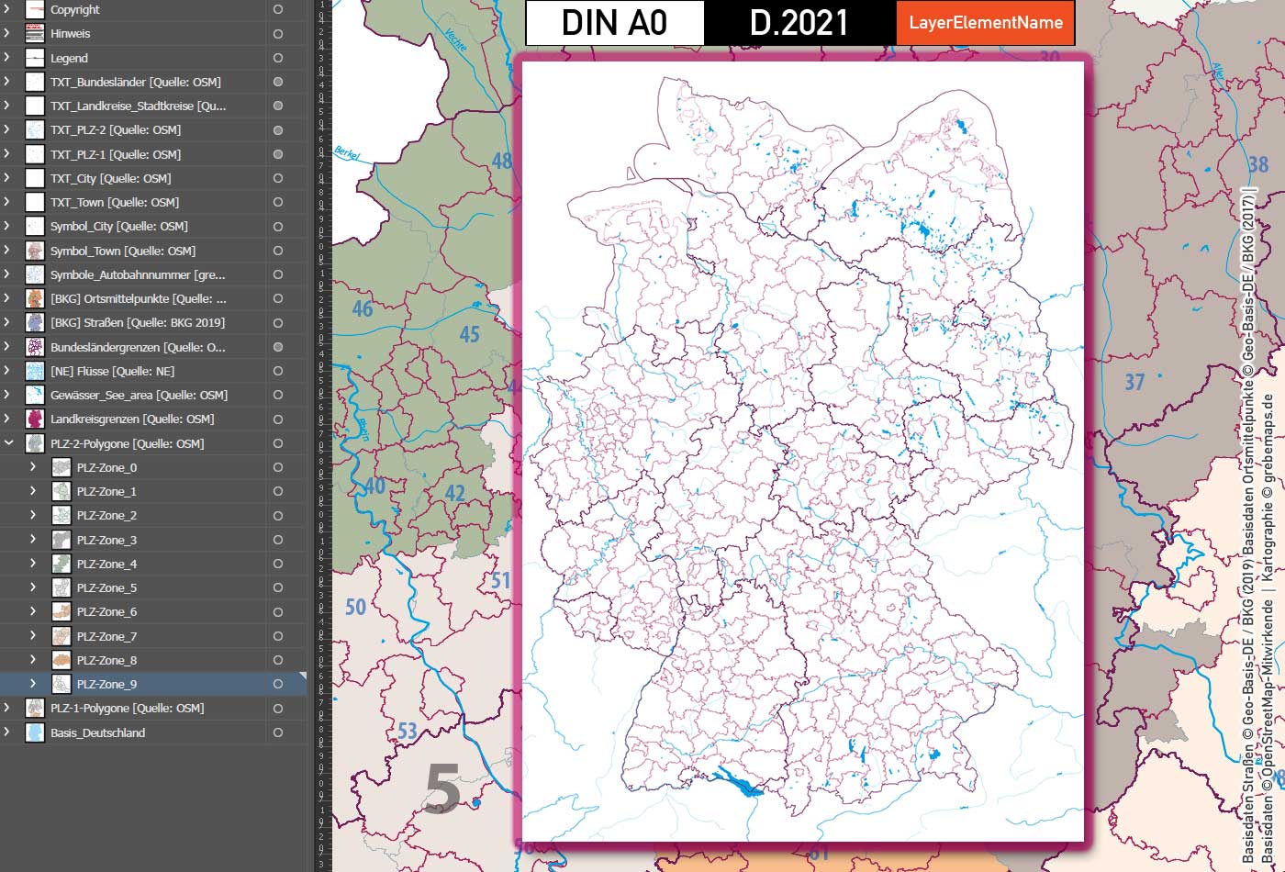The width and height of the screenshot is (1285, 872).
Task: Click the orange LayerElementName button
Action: [x=985, y=23]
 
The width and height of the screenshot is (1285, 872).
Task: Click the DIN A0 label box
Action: [x=614, y=23]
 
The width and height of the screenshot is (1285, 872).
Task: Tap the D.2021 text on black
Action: [x=799, y=23]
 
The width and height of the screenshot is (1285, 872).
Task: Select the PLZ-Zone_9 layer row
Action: [x=106, y=684]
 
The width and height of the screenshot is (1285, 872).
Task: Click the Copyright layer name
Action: [x=75, y=10]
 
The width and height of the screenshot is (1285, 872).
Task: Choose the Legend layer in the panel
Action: [x=69, y=58]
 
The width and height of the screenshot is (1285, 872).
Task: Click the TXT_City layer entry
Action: [x=110, y=178]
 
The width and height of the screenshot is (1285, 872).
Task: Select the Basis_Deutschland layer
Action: [x=97, y=732]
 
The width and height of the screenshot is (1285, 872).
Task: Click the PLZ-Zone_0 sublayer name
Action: [x=106, y=467]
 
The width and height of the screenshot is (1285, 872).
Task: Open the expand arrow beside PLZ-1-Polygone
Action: [x=7, y=708]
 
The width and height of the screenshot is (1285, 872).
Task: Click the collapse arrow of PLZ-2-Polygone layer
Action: [x=8, y=443]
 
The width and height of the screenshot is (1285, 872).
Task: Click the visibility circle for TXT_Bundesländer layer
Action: [x=277, y=82]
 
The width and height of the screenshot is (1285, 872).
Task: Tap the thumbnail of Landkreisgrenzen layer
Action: [x=35, y=419]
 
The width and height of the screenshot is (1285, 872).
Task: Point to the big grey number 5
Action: [x=441, y=789]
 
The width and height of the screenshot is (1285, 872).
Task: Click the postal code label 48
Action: [x=501, y=162]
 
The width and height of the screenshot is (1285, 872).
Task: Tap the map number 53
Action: [x=408, y=732]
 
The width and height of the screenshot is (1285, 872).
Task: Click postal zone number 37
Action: [x=1134, y=382]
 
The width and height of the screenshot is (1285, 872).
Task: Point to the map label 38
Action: [x=1257, y=165]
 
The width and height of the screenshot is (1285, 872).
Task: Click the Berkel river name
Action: [x=347, y=153]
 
